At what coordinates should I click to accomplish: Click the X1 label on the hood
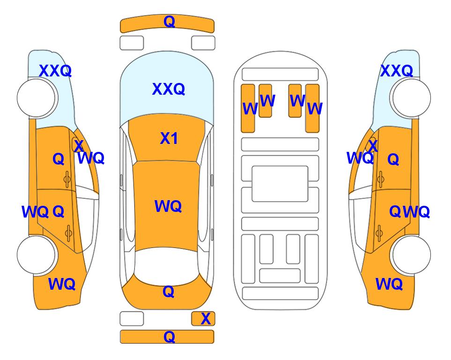(169, 139)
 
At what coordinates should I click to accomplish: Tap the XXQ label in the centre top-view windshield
(168, 89)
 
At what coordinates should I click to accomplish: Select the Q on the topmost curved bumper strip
(169, 22)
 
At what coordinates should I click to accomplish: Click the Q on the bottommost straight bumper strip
(169, 337)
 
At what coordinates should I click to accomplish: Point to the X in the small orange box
(206, 319)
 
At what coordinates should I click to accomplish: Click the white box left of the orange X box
(132, 319)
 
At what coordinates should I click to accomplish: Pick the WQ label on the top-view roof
(168, 206)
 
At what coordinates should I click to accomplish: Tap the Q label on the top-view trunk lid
(169, 292)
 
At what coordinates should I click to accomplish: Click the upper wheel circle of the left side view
(37, 98)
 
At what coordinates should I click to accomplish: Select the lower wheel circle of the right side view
(410, 255)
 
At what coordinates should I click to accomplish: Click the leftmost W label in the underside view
(250, 109)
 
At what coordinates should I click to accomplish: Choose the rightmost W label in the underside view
(315, 109)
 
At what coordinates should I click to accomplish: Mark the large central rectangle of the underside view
(280, 184)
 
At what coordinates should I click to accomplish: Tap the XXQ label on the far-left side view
(55, 71)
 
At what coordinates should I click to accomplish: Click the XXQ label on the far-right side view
(396, 71)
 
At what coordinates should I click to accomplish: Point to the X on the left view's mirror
(78, 145)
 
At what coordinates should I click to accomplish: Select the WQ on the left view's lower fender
(61, 284)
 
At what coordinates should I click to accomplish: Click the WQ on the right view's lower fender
(389, 284)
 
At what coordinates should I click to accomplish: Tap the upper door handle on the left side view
(67, 179)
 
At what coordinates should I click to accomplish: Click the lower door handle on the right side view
(379, 233)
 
